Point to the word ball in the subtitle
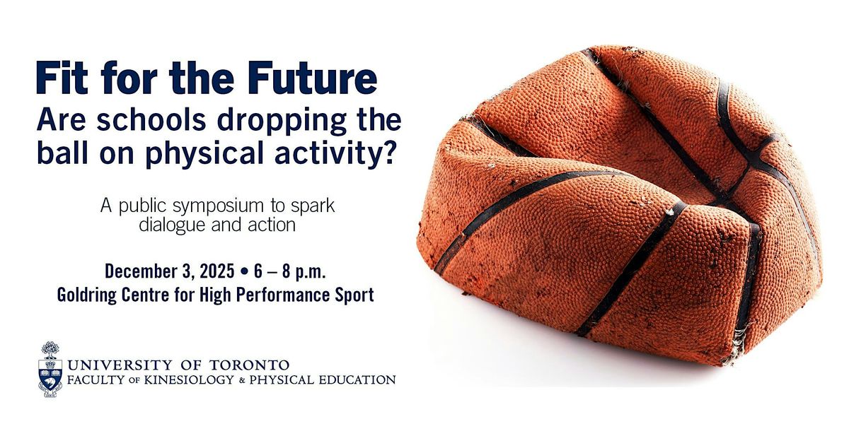[x=61, y=153]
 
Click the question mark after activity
[x=387, y=153]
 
